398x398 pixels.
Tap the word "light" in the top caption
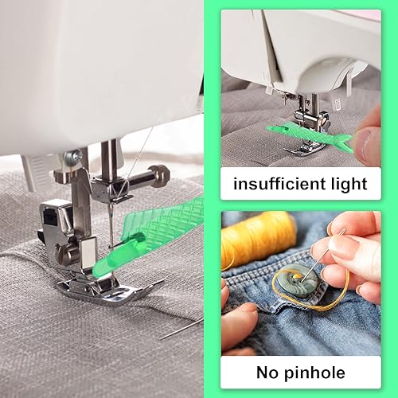348,185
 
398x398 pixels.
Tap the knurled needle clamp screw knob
158,172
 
